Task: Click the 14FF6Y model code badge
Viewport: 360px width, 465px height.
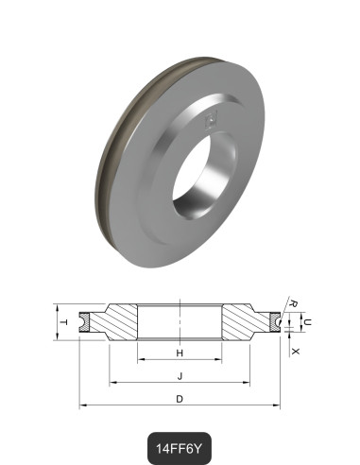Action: tap(180, 442)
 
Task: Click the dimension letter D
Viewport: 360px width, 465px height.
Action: tap(180, 398)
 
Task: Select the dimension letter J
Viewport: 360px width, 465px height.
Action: tap(180, 375)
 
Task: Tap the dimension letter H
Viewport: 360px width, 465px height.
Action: tap(180, 353)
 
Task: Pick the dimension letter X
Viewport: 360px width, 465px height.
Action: tap(296, 351)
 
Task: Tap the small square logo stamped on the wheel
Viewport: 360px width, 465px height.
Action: tap(213, 118)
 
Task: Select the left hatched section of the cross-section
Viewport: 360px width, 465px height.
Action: tap(118, 323)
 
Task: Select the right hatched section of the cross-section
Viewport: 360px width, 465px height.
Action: tap(241, 323)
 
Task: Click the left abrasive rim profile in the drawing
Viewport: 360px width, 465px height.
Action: tap(86, 322)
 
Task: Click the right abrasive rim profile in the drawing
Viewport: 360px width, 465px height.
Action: tap(274, 322)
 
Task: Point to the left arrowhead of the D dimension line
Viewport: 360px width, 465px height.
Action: tap(82, 405)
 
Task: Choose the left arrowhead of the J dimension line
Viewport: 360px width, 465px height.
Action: tap(112, 383)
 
